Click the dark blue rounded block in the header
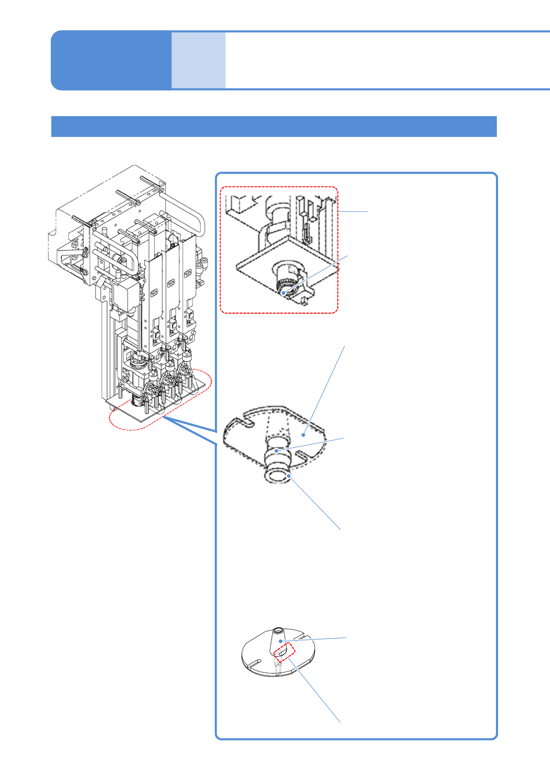click(111, 60)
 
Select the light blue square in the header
click(198, 60)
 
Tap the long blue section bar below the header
click(274, 126)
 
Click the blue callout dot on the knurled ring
click(283, 292)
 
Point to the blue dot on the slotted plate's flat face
click(304, 435)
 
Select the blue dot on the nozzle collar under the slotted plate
click(276, 450)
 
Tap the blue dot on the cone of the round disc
click(280, 641)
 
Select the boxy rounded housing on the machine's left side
click(124, 296)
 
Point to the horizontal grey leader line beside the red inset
click(354, 211)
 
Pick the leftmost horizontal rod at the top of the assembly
click(84, 221)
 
